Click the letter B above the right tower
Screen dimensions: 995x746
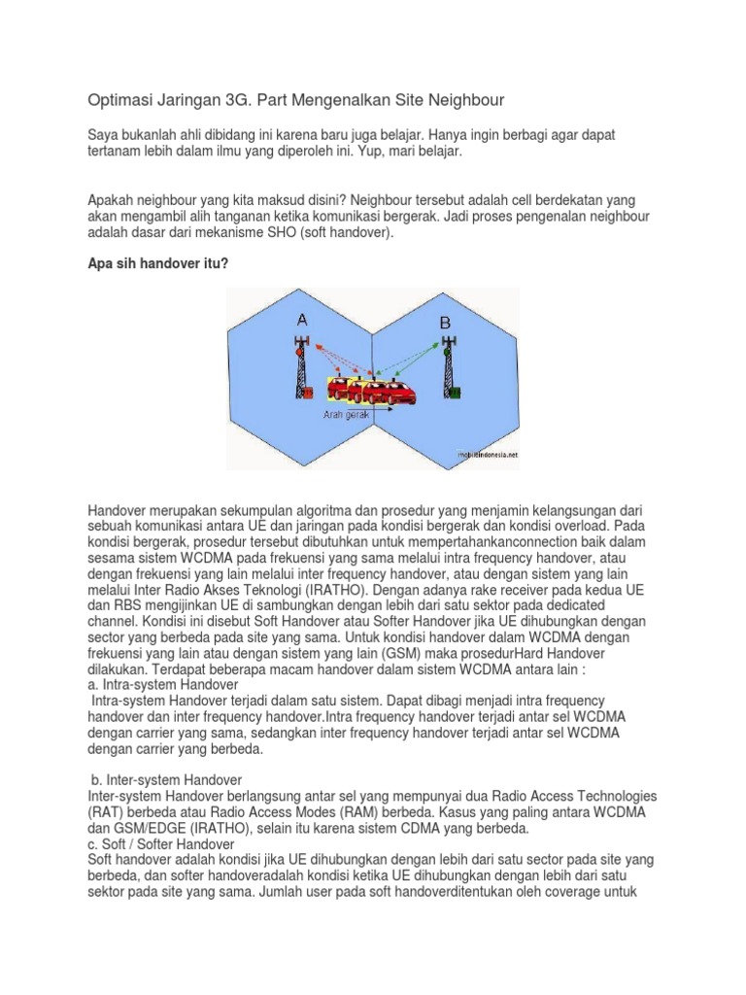click(x=445, y=322)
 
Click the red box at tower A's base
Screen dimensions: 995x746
click(x=307, y=394)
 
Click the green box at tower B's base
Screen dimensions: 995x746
click(x=454, y=394)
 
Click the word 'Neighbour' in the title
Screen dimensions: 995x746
click(x=470, y=100)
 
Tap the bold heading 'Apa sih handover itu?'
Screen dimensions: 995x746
click(x=158, y=262)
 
